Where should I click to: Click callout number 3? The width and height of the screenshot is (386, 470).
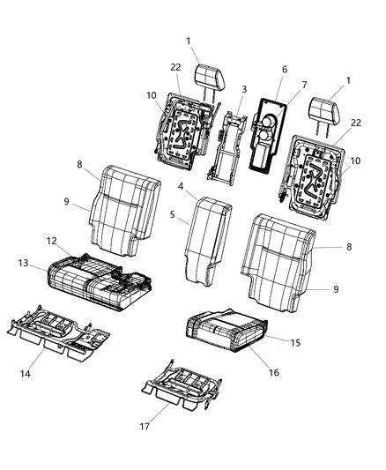244,89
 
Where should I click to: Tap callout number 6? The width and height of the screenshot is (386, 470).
284,68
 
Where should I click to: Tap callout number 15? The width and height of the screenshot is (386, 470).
294,340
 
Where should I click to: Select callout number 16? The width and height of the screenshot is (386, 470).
273,373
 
